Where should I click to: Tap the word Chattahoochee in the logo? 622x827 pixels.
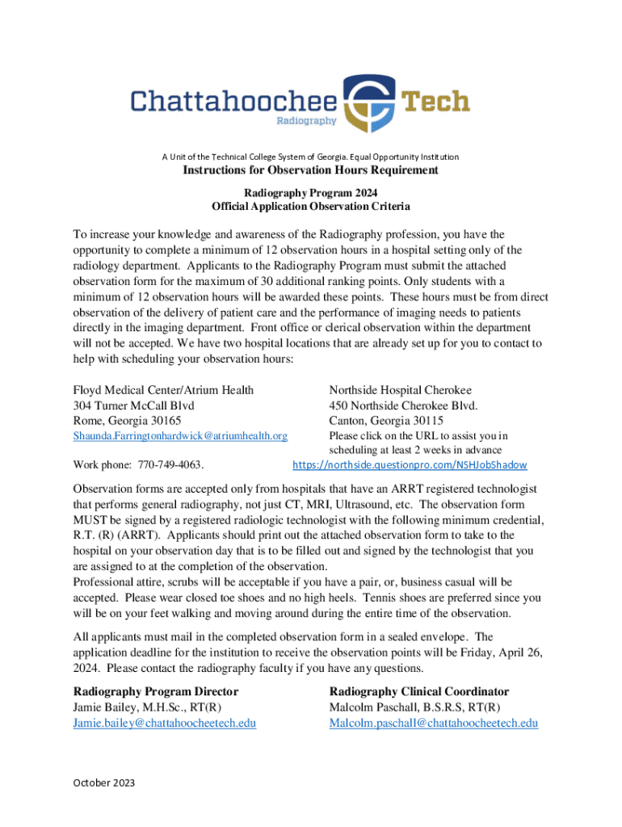pyautogui.click(x=234, y=102)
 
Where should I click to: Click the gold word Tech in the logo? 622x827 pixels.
pyautogui.click(x=435, y=102)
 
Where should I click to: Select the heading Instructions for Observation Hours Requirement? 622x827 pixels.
pyautogui.click(x=310, y=170)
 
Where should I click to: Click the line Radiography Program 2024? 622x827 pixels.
pyautogui.click(x=310, y=193)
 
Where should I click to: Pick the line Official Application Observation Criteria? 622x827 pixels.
pyautogui.click(x=310, y=207)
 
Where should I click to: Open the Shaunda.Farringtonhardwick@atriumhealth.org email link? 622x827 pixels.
pyautogui.click(x=180, y=436)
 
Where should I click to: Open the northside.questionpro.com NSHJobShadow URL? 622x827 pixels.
pyautogui.click(x=410, y=465)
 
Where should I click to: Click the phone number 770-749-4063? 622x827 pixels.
pyautogui.click(x=170, y=465)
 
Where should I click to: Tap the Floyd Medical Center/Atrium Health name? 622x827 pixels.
pyautogui.click(x=163, y=390)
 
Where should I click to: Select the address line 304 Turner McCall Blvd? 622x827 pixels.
pyautogui.click(x=133, y=405)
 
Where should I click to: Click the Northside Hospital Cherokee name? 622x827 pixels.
pyautogui.click(x=400, y=390)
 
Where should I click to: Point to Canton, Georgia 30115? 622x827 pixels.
pyautogui.click(x=386, y=421)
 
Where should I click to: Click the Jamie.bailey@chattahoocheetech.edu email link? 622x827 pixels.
pyautogui.click(x=165, y=723)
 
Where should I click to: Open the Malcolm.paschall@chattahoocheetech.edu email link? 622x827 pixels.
pyautogui.click(x=433, y=723)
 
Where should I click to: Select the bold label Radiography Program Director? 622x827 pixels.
pyautogui.click(x=156, y=691)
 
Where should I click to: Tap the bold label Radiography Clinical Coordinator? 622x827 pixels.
pyautogui.click(x=419, y=691)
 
